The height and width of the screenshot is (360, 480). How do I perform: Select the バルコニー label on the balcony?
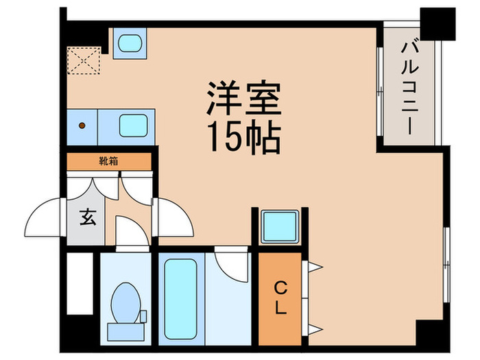[x=410, y=86]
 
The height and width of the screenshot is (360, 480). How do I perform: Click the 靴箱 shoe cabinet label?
[x=108, y=162]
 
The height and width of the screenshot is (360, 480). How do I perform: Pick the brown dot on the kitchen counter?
[x=82, y=126]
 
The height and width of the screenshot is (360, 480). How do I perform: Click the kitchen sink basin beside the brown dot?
[x=133, y=126]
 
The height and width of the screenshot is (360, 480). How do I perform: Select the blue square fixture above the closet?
[x=279, y=225]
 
